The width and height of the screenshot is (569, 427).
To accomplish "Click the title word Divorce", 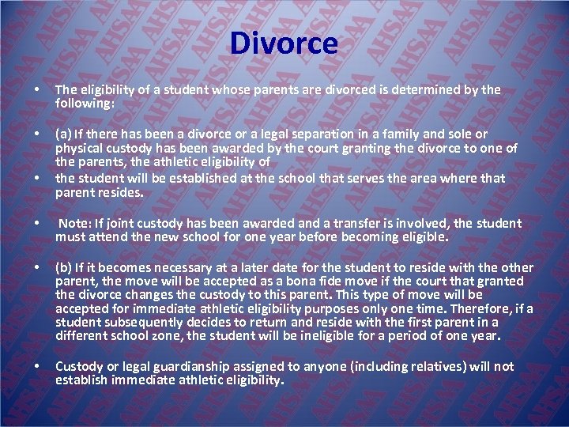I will point(284,43).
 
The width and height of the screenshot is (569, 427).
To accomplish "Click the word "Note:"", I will point(77,224).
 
